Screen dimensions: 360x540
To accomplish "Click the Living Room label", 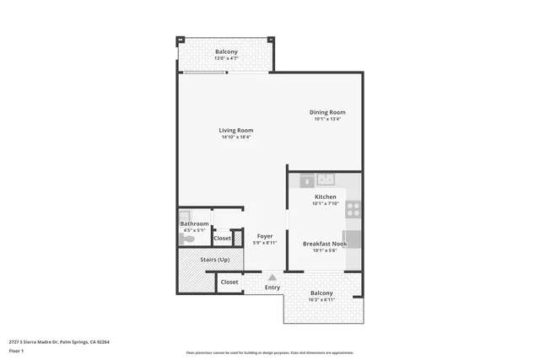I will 236,131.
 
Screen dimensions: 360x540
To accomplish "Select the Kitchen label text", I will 325,196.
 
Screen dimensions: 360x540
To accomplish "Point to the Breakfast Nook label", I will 325,244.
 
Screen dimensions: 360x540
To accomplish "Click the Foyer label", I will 265,236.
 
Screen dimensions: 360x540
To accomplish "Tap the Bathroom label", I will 194,223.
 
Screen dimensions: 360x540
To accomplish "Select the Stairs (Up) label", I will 214,259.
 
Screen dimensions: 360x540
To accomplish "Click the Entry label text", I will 273,287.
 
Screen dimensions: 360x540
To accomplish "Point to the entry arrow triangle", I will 272,276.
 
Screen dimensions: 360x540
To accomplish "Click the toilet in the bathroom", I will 187,239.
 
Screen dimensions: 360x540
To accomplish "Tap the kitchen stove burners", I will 354,208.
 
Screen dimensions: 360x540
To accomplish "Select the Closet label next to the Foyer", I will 222,239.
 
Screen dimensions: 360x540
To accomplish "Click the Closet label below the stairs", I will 229,282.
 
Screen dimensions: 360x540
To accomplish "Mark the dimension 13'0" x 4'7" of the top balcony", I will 225,58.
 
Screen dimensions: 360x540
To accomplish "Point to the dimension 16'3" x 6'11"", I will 321,299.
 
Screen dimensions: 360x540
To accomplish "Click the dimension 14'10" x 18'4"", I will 236,137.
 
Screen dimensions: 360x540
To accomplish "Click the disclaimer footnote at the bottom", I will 269,352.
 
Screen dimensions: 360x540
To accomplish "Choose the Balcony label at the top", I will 225,51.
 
